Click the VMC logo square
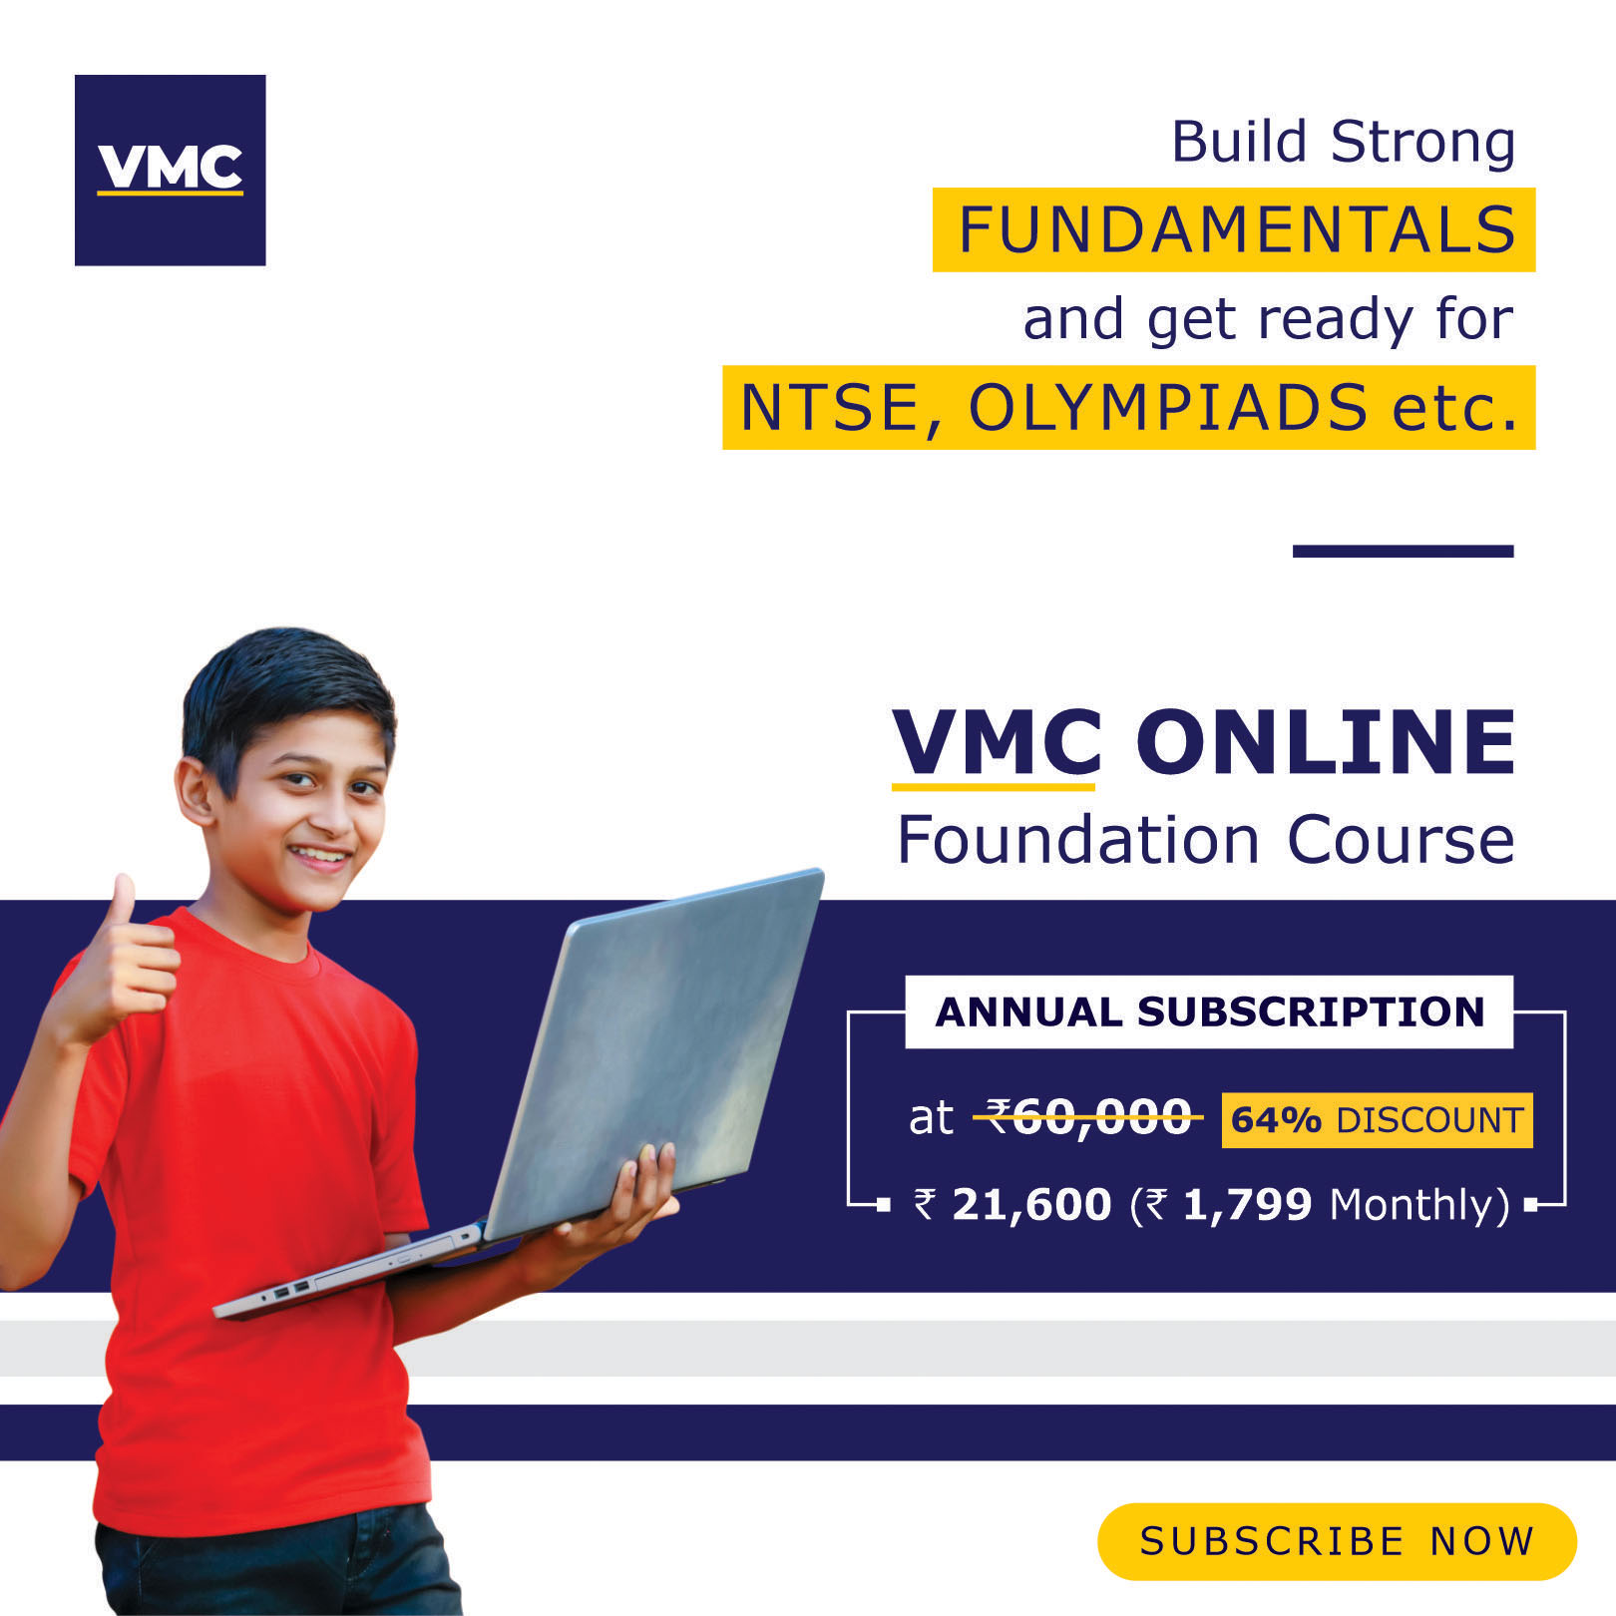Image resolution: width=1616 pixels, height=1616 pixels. point(170,170)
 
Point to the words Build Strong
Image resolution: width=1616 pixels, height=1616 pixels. point(1343,143)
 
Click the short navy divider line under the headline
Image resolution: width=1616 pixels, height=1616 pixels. point(1403,551)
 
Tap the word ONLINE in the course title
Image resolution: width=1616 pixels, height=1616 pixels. point(1326,743)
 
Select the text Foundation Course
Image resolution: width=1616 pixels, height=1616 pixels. point(1206,840)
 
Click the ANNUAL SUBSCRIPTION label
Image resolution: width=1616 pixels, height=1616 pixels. point(1209,1012)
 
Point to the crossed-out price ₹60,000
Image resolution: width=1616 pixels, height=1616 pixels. point(1088,1117)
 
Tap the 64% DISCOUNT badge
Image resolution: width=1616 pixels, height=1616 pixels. point(1377,1120)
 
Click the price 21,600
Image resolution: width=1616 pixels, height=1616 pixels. point(1031,1205)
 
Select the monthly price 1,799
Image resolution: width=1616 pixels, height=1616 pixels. point(1247,1205)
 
